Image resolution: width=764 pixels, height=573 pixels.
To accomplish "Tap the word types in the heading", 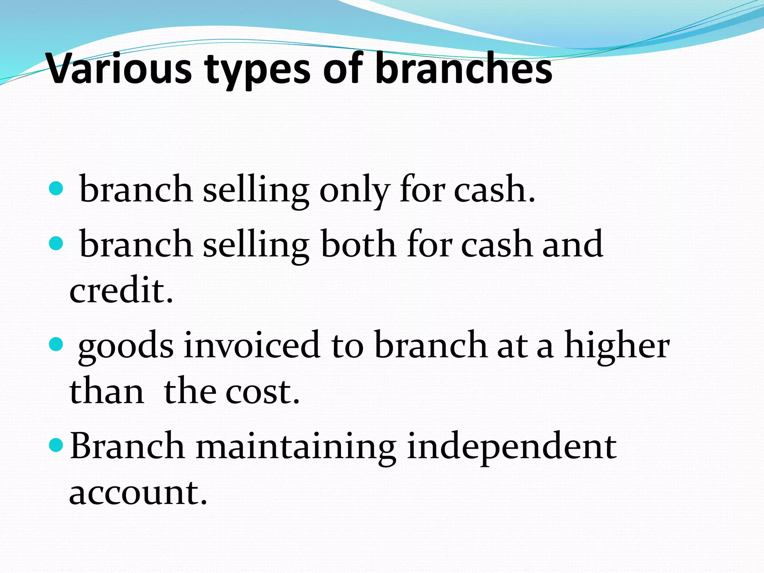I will [x=257, y=71].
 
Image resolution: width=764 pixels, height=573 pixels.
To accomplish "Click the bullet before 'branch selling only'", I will [x=56, y=189].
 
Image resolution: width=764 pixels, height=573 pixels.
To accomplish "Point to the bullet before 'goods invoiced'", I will [x=56, y=344].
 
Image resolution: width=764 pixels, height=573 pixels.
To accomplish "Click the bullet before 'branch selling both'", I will [x=56, y=244].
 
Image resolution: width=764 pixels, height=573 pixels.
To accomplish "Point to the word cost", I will [x=263, y=392].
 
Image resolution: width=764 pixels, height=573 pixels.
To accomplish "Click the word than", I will [x=107, y=392].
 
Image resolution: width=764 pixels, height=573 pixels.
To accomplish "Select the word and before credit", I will [x=573, y=244].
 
